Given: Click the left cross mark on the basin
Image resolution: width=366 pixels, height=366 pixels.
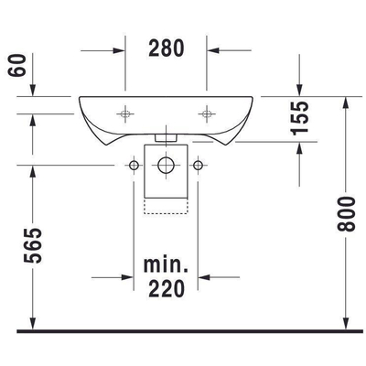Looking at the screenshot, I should click(x=125, y=113).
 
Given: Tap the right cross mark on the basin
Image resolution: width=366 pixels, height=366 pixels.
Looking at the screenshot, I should click(x=207, y=113).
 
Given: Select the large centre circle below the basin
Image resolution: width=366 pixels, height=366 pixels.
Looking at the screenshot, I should click(x=166, y=166).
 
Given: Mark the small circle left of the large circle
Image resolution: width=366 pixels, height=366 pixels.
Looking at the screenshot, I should click(x=134, y=166).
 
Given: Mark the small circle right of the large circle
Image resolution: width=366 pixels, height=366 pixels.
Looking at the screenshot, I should click(x=198, y=166).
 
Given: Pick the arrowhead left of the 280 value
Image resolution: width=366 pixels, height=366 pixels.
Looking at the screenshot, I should click(x=118, y=48).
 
